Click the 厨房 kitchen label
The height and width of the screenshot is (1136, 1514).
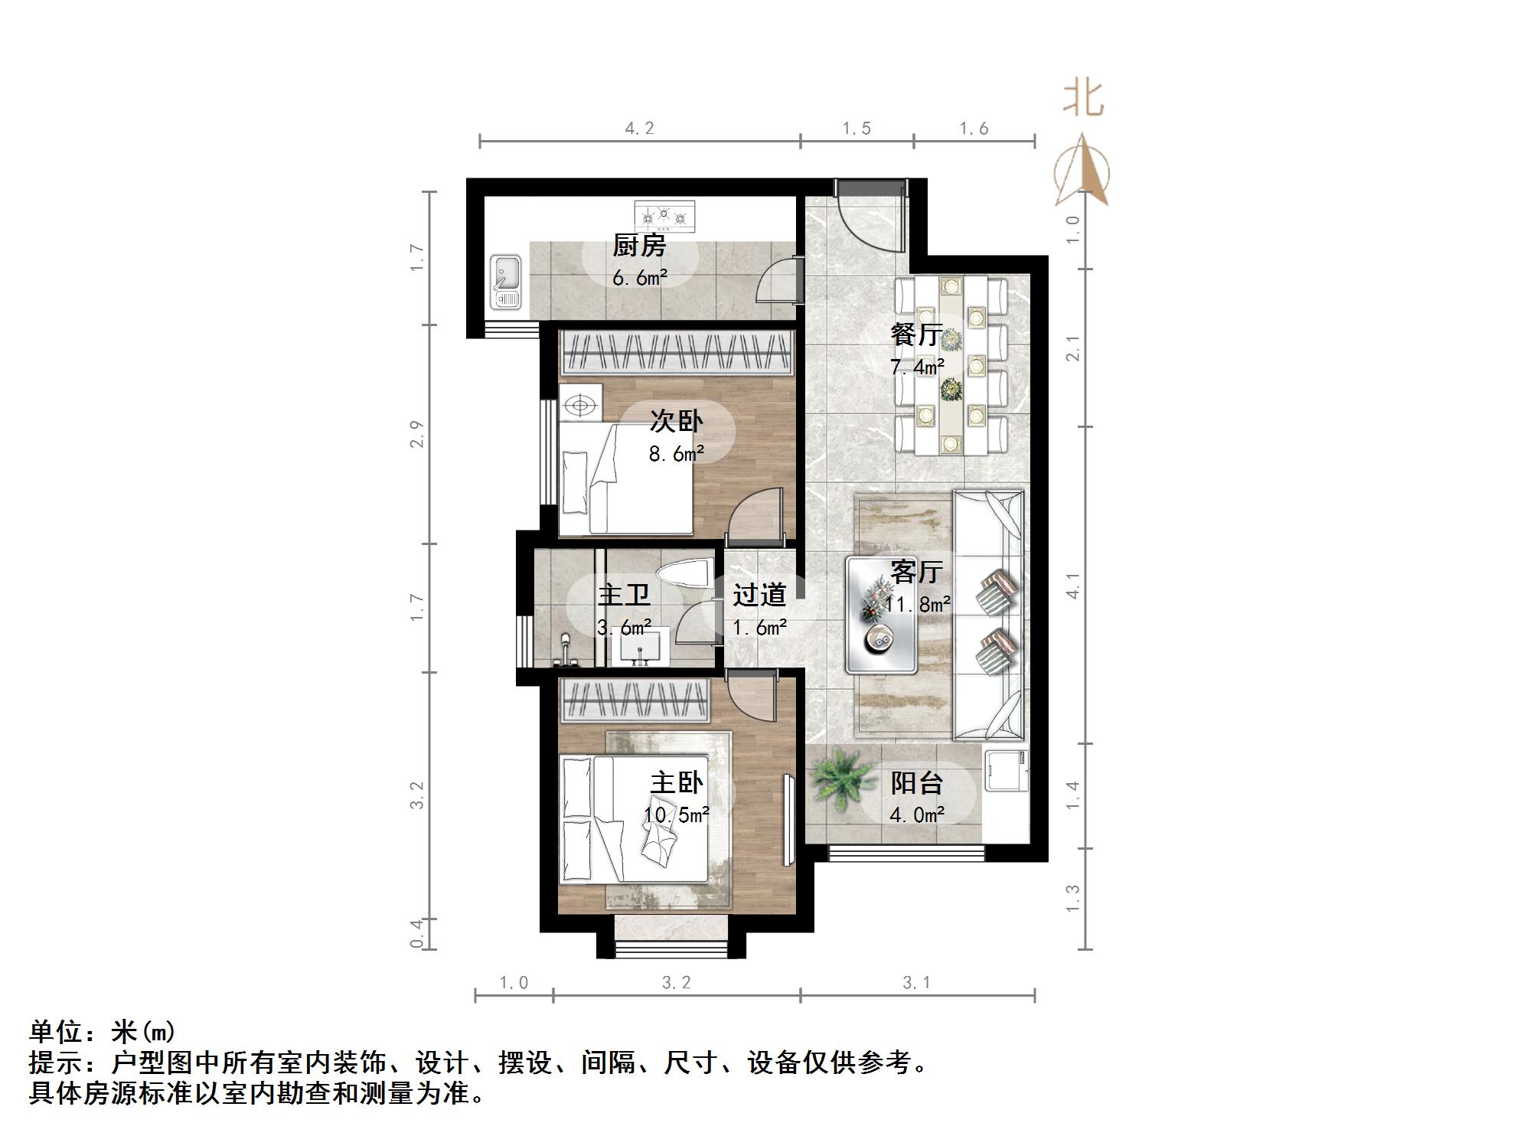[x=639, y=246]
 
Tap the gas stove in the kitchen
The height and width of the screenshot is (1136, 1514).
[x=664, y=216]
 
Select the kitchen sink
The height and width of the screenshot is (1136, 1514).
[x=505, y=282]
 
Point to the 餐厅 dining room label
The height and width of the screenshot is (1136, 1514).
[x=915, y=335]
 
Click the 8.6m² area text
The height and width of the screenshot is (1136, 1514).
[x=676, y=454]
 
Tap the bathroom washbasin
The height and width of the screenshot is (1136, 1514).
[x=639, y=648]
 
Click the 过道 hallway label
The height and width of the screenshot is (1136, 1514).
[x=759, y=595]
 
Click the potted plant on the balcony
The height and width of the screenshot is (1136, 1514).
[x=841, y=779]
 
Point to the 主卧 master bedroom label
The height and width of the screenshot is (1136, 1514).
[x=677, y=782]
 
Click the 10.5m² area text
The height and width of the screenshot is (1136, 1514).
[x=676, y=815]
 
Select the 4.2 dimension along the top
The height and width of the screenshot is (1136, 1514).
[x=639, y=129]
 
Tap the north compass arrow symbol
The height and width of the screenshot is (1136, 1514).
[x=1082, y=172]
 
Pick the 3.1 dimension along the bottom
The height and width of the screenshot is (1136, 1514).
[x=916, y=983]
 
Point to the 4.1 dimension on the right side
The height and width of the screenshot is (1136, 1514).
[x=1073, y=586]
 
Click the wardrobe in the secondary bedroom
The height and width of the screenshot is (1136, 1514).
[x=676, y=353]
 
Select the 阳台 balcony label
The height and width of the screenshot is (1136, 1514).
[x=916, y=782]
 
